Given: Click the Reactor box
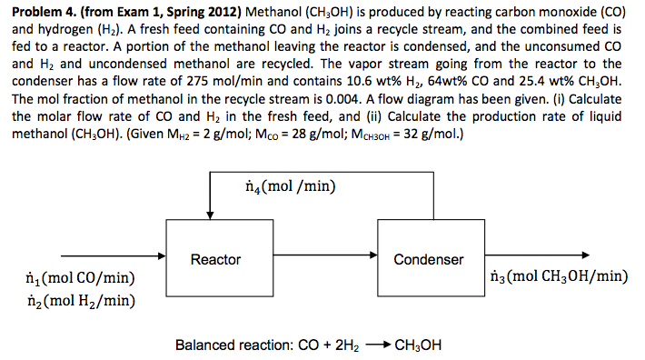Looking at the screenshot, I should click(215, 260).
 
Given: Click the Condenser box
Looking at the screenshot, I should click(428, 260).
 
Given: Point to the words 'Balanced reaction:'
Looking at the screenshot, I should click(231, 345).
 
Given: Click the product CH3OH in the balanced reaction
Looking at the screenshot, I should click(417, 345).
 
